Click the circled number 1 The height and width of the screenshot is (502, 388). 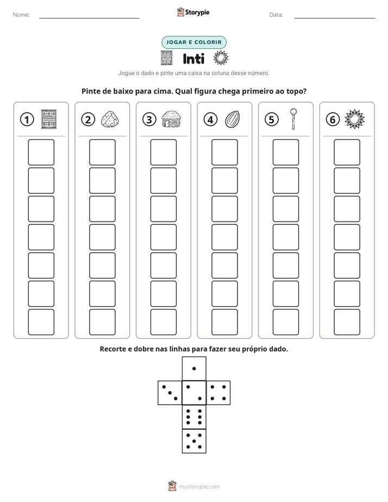click(x=27, y=120)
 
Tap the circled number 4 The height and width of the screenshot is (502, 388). click(x=210, y=120)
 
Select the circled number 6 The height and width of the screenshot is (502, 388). click(x=333, y=120)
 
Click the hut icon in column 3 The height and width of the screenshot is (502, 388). click(x=171, y=119)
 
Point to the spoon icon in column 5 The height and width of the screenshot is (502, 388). click(x=293, y=119)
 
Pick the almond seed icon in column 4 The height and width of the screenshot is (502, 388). click(x=232, y=120)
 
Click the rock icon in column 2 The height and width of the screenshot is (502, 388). click(x=110, y=120)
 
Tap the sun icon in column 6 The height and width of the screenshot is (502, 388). click(x=354, y=120)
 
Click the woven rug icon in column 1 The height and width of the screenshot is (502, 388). click(x=49, y=120)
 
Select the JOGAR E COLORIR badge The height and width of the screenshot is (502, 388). click(x=194, y=42)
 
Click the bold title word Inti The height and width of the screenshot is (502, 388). click(x=193, y=59)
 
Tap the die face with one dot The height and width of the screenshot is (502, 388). click(x=194, y=368)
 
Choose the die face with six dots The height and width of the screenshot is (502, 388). click(x=194, y=417)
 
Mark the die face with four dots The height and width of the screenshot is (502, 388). click(x=218, y=393)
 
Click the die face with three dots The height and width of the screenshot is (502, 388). click(x=170, y=393)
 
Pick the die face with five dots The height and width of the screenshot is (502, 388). click(x=194, y=441)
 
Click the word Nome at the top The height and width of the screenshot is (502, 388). click(x=21, y=15)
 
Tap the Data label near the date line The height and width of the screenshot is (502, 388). click(x=276, y=15)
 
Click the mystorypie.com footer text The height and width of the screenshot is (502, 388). click(x=199, y=487)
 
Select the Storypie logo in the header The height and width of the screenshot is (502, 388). click(x=193, y=12)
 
